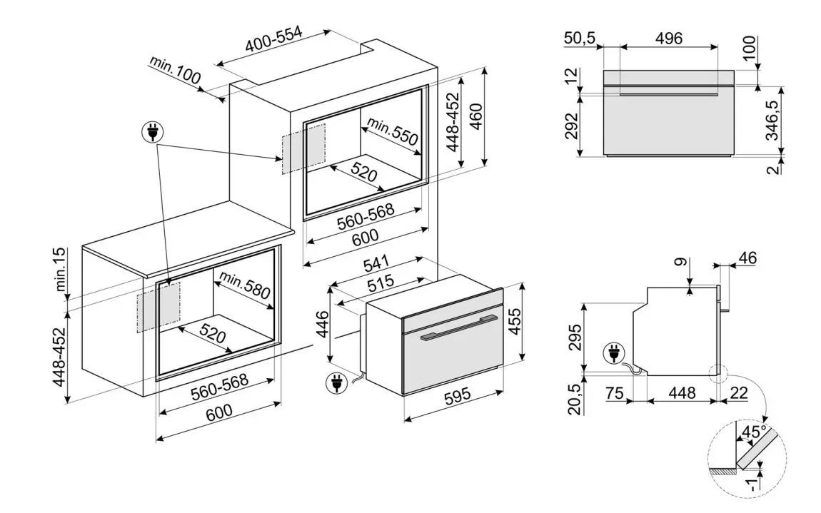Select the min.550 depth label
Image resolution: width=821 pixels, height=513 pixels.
[393, 133]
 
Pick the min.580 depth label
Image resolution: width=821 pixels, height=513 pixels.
[245, 285]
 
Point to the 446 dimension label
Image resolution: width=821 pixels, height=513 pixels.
[322, 325]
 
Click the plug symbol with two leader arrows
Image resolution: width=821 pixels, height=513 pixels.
[153, 131]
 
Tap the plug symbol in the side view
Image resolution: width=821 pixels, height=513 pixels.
[614, 352]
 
